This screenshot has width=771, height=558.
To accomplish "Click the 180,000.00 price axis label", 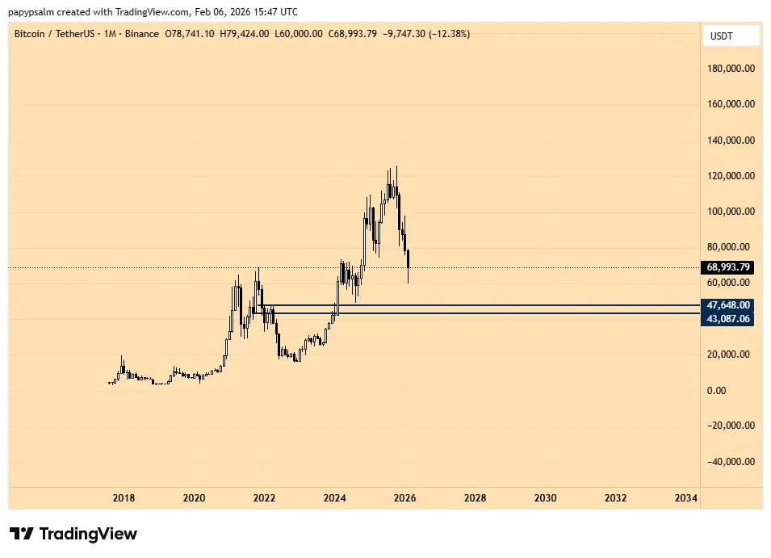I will coord(731,69).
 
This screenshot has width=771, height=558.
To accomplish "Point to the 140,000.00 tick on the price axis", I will coord(731,141).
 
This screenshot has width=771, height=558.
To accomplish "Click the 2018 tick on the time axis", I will coord(124,498).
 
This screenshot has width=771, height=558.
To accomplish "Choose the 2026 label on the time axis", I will coord(404,498).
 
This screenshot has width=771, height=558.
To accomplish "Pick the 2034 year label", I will coord(685,498).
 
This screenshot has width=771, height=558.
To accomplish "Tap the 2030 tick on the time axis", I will coord(545,498).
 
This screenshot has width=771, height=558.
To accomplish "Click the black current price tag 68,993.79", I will coord(729,267).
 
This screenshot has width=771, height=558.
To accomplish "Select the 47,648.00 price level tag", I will coord(729,305).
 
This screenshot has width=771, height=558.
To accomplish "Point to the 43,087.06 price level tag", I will coord(729,319).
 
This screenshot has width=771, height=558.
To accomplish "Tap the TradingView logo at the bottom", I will coord(73,534).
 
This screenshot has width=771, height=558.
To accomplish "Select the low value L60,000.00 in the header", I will coord(299,34).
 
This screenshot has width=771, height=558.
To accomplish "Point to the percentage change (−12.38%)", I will coord(443,34).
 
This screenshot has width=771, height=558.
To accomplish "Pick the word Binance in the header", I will coord(142,34).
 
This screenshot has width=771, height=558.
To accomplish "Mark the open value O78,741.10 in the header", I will coord(190,34).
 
